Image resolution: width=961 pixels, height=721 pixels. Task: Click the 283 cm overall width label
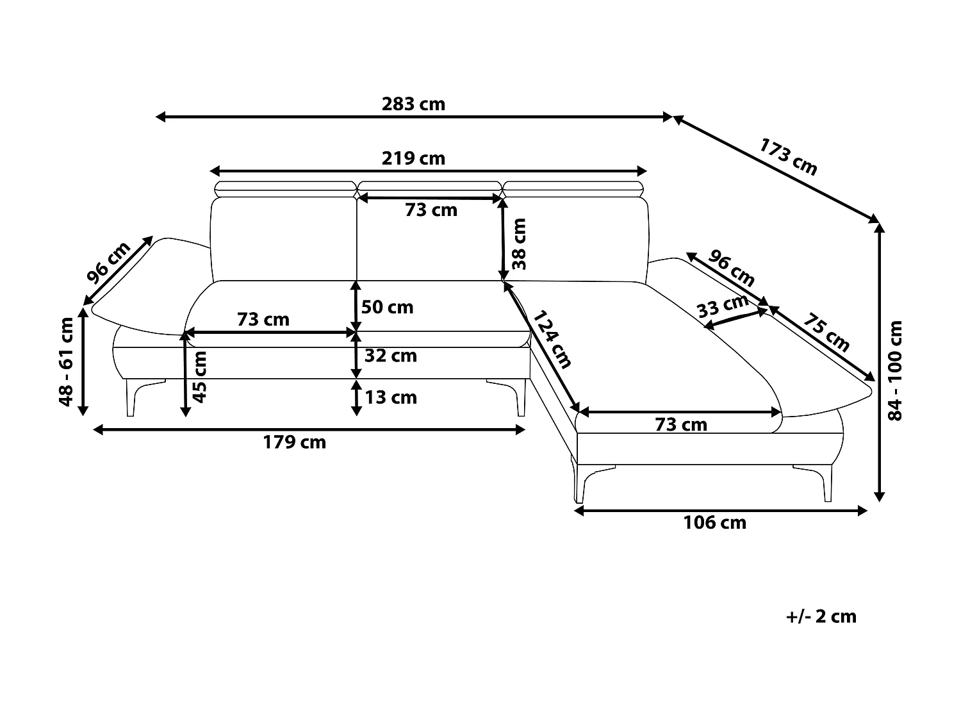[413, 104]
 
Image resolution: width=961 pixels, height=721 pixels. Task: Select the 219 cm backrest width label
[413, 158]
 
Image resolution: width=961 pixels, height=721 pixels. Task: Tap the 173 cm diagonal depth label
[787, 157]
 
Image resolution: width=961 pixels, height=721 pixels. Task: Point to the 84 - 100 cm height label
[894, 371]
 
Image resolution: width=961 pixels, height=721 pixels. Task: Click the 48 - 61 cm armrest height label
[66, 361]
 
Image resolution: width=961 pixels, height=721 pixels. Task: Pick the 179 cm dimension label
[294, 443]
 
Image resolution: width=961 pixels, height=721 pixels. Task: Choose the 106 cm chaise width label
[714, 523]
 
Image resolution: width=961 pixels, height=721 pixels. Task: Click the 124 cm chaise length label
[552, 339]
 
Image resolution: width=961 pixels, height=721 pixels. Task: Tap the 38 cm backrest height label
[519, 244]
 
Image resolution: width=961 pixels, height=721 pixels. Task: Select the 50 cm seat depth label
[387, 308]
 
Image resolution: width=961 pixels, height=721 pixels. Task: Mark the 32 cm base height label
[391, 356]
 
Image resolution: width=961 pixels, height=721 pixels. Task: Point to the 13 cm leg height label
[391, 397]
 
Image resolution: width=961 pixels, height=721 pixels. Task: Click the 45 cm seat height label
[199, 377]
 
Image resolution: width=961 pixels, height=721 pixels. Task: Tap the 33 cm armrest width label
[723, 306]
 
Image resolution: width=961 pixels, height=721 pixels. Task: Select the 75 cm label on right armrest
[826, 332]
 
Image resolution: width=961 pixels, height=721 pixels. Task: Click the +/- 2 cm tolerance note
[821, 617]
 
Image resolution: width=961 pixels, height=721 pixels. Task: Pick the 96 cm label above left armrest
[108, 262]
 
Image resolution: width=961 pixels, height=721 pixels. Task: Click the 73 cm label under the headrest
[431, 210]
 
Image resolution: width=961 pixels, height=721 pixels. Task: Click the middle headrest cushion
[430, 190]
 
